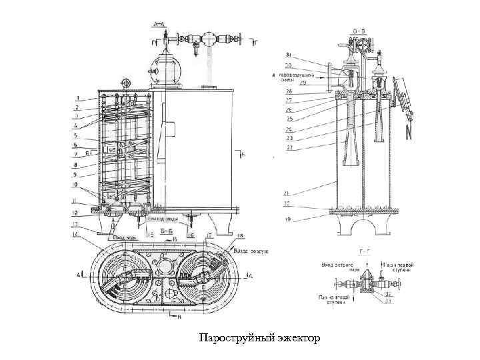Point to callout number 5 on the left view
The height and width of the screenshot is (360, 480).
pos(75,136)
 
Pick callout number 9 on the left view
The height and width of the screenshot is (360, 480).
pos(76,175)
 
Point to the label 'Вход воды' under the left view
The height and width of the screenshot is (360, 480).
pos(126,237)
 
